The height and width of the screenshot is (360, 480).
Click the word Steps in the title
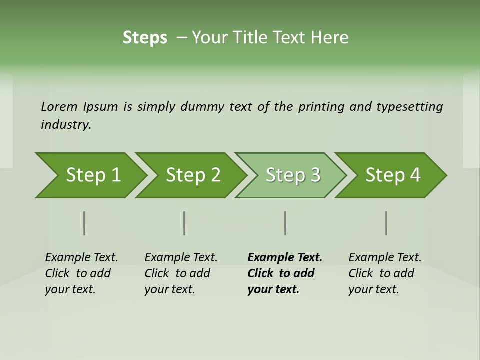pos(145,38)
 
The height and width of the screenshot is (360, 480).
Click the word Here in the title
pos(329,38)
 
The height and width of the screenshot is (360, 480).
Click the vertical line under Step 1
pos(84,223)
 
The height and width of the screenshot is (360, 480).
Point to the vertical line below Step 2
pos(184,223)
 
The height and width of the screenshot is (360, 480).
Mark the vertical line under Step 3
pos(285,223)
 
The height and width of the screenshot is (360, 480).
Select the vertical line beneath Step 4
pos(386,223)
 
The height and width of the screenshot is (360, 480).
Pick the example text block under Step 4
pos(385,273)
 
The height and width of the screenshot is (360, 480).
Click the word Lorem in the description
pos(59,107)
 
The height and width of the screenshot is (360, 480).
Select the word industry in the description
pos(66,124)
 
